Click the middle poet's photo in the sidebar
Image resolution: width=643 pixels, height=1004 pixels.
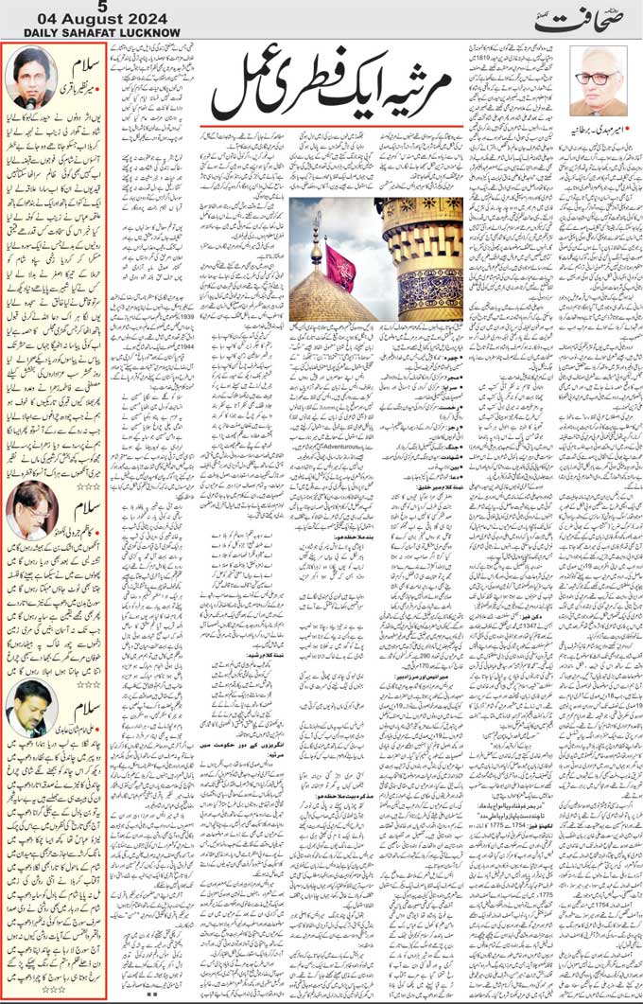click(x=31, y=513)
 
